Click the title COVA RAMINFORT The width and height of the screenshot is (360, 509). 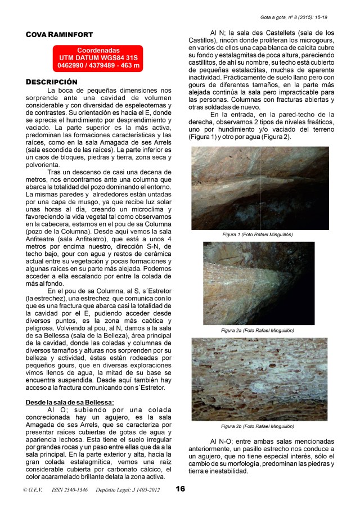59,35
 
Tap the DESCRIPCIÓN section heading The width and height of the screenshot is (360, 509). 51,82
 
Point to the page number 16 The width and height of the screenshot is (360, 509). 180,489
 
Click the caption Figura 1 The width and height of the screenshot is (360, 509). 258,234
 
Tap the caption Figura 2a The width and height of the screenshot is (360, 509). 258,330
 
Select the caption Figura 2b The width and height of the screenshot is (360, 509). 258,426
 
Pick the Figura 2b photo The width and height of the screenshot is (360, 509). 259,379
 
